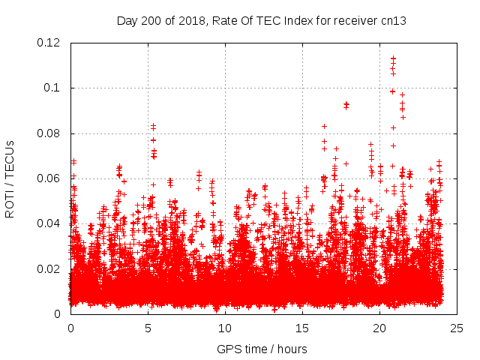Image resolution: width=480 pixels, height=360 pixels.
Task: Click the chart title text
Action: click(x=262, y=20)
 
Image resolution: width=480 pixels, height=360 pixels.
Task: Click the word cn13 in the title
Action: click(x=393, y=20)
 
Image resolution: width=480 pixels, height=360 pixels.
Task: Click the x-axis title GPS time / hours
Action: click(x=262, y=349)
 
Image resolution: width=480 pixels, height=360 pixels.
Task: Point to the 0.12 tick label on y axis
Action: click(x=49, y=43)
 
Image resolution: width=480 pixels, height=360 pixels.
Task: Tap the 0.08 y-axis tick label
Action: click(x=49, y=133)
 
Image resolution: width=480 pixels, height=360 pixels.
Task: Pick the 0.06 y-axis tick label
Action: click(x=49, y=178)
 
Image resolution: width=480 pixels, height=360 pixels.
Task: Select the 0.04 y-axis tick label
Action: click(x=49, y=223)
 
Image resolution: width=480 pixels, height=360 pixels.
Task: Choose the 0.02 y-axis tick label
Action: click(x=49, y=268)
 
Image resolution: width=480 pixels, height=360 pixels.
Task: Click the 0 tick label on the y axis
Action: click(x=58, y=314)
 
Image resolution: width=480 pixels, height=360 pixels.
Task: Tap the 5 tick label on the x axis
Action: click(x=148, y=328)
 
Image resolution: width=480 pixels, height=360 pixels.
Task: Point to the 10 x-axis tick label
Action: click(x=225, y=328)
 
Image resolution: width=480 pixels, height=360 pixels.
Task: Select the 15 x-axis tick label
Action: click(x=302, y=328)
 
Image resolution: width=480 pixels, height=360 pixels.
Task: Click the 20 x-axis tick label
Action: click(x=379, y=328)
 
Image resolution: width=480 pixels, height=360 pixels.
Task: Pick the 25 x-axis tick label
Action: click(x=457, y=328)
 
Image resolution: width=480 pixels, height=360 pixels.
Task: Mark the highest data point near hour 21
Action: click(x=393, y=58)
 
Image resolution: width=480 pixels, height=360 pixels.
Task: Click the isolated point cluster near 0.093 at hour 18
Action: click(x=346, y=104)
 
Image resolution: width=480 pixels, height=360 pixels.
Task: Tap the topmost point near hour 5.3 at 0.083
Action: click(x=153, y=126)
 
